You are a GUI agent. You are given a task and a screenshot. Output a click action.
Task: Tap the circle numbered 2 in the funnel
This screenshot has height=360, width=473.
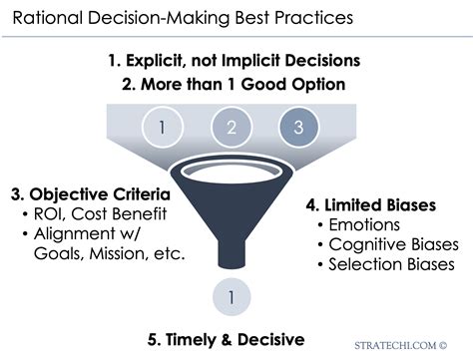point(233,127)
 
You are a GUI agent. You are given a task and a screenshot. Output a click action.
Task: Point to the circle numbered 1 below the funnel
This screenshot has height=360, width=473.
point(232,296)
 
